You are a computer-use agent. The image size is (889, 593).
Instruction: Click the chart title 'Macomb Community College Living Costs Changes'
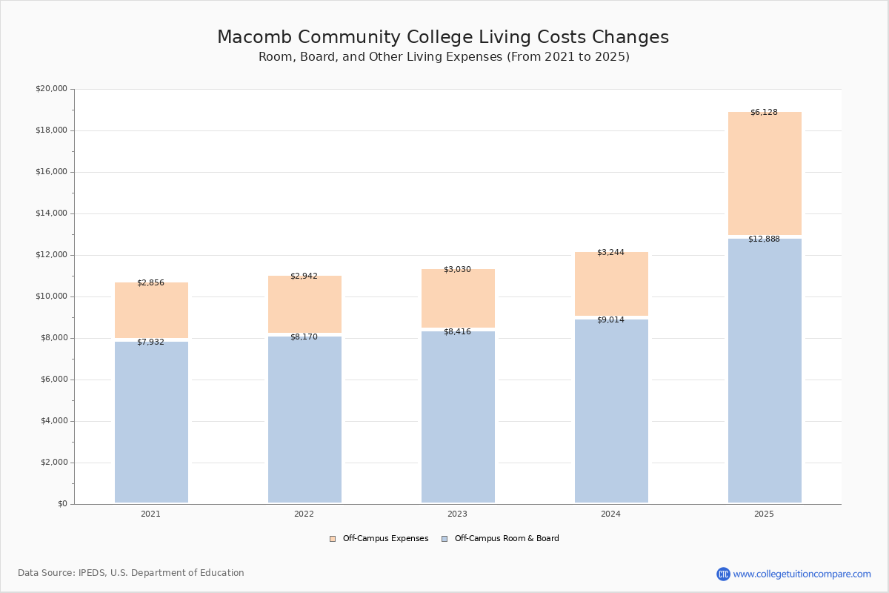[x=443, y=38]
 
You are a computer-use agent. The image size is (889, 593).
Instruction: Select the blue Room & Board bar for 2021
[x=151, y=423]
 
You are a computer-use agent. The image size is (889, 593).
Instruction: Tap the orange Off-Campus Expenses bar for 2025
[x=765, y=174]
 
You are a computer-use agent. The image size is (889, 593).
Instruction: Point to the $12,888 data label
[x=764, y=239]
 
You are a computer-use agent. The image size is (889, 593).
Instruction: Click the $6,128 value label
[x=764, y=113]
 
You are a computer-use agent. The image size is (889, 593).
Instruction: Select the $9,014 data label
[x=610, y=320]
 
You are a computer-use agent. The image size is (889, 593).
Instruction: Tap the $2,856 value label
[x=150, y=283]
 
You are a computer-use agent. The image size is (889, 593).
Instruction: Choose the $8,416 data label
[x=457, y=332]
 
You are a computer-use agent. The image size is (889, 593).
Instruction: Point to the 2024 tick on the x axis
[x=610, y=514]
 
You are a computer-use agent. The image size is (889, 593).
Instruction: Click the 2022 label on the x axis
[x=304, y=514]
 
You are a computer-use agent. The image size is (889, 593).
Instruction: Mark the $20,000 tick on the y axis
[x=51, y=89]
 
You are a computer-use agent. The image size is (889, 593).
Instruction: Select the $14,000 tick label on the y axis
[x=51, y=213]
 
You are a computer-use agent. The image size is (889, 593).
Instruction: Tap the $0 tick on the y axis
[x=61, y=504]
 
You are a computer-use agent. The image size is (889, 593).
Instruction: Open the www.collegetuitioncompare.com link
[x=802, y=574]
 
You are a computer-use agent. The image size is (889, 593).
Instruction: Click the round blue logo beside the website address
[x=723, y=574]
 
